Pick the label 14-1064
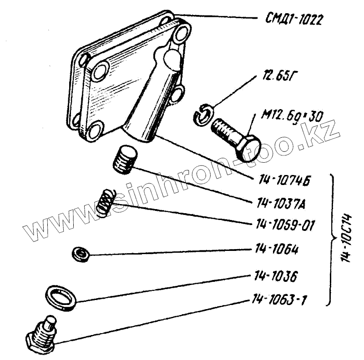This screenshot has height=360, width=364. pos(273,250)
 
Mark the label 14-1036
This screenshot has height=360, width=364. pos(273,275)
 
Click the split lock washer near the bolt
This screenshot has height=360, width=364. pos(202,114)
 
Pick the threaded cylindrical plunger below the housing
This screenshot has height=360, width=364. pos(124,160)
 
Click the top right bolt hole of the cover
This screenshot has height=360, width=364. pos(182,33)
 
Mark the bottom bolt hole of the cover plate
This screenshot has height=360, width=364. pos(94,131)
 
